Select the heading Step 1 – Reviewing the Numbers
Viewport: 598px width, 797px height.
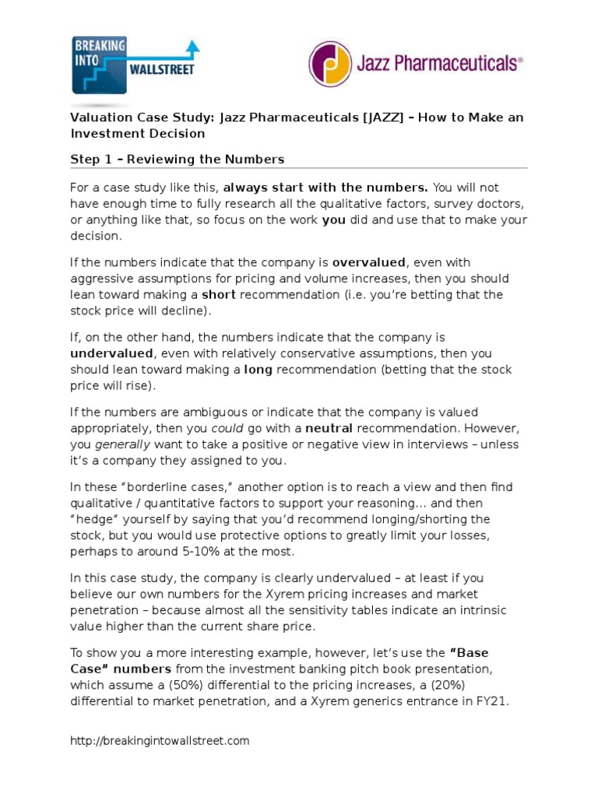tap(177, 160)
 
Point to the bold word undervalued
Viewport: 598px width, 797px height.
tap(112, 353)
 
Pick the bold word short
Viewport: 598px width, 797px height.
tap(218, 295)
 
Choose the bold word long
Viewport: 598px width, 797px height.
tap(258, 370)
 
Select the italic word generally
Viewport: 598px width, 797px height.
tap(122, 444)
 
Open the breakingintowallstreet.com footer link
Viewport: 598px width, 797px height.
tap(160, 741)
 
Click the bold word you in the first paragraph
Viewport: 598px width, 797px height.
tap(332, 220)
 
